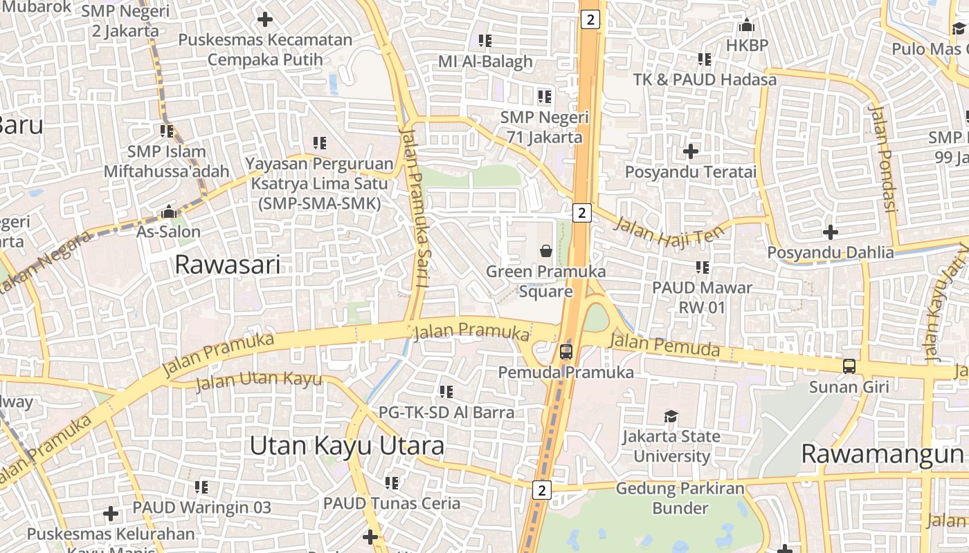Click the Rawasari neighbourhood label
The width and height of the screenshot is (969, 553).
pos(228,265)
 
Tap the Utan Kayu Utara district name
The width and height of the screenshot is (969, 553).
pos(347,446)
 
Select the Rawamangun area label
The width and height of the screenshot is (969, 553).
pos(882,454)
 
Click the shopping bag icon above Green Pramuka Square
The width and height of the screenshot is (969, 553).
pos(546,250)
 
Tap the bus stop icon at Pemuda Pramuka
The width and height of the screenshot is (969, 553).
pos(566,352)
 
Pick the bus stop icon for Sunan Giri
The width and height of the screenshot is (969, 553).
pos(849,366)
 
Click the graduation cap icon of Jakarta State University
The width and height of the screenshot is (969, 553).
pos(671,416)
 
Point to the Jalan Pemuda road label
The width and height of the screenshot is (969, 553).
pos(665,345)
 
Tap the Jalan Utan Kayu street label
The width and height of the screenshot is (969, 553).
pos(259,379)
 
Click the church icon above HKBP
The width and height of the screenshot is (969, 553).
pos(746,26)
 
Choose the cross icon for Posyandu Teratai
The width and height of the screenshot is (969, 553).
pos(690,151)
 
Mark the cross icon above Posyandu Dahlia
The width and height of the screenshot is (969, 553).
pos(831,232)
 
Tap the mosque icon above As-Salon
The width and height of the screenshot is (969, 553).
pos(168,212)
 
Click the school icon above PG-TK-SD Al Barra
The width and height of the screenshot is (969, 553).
pos(446,392)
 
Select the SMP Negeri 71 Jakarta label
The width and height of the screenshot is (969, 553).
pos(545,127)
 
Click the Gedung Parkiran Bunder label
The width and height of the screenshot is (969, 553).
pos(680,498)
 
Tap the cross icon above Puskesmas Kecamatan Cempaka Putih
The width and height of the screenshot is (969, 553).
pos(265,19)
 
